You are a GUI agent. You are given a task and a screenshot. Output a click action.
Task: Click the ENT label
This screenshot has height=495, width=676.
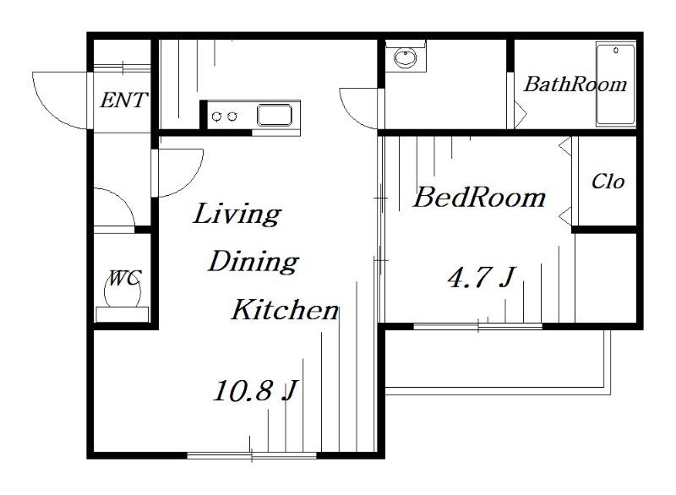point(123,101)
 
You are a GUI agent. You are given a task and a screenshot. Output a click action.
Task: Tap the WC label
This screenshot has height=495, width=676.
point(123,278)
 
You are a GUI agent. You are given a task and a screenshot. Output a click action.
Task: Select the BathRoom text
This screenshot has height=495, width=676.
point(575,84)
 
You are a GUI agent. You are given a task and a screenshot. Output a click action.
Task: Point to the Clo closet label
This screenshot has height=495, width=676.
point(608,182)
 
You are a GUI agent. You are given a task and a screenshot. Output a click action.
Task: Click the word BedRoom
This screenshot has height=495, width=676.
point(479,198)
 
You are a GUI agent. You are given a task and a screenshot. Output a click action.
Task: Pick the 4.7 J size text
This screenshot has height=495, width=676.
point(482,277)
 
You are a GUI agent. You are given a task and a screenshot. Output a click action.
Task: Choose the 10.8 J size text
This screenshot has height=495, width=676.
point(255,391)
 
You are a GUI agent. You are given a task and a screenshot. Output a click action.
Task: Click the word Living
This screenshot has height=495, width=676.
point(237,214)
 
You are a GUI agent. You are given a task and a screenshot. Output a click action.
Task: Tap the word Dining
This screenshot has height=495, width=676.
point(253,262)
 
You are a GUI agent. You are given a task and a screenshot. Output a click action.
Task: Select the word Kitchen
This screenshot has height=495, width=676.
point(285,309)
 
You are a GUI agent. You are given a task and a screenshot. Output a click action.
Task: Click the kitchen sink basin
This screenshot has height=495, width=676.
point(275,115)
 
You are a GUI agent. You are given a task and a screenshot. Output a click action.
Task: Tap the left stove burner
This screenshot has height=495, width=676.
point(217,116)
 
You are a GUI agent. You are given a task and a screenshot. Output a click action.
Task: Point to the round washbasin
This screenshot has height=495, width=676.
point(406,57)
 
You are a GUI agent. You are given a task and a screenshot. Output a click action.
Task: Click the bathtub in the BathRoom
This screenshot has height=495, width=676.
point(615,84)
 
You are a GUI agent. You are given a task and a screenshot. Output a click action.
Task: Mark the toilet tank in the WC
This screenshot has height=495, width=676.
point(122,314)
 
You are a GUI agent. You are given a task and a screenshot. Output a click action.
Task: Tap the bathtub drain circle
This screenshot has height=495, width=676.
point(616,51)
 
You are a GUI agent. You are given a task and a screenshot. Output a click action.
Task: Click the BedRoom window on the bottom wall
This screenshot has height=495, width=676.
point(477,326)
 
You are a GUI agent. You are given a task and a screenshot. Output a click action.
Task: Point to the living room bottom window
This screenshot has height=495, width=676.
point(252,455)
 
